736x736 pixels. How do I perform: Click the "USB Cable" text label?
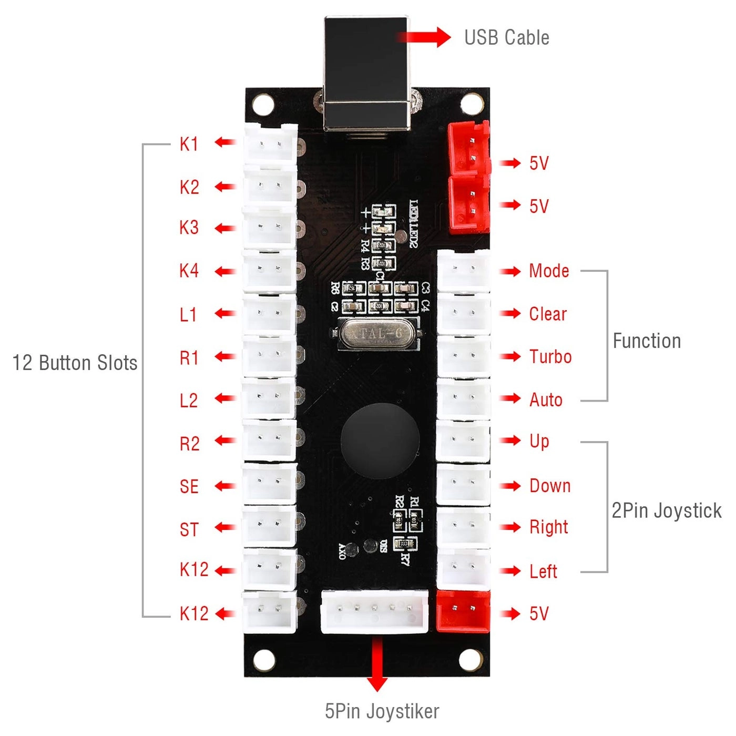[506, 38]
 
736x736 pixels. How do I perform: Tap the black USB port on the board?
[366, 74]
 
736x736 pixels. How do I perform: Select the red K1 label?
[189, 144]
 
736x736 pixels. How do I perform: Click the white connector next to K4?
[269, 270]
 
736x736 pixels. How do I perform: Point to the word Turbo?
[550, 357]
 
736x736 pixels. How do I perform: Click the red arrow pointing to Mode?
[510, 271]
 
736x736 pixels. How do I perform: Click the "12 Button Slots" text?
[75, 363]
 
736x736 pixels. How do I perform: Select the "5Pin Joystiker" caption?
[382, 711]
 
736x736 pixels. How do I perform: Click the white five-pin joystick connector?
[374, 611]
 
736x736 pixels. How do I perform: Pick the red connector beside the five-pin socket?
[463, 611]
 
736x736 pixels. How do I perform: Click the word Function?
[647, 341]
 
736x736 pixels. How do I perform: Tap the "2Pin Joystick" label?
[666, 511]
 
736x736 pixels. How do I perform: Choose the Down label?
[550, 486]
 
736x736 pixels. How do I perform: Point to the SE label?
[189, 487]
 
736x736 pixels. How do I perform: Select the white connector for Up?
[463, 441]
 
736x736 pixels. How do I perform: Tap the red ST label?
[189, 529]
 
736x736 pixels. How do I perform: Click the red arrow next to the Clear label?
[510, 314]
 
